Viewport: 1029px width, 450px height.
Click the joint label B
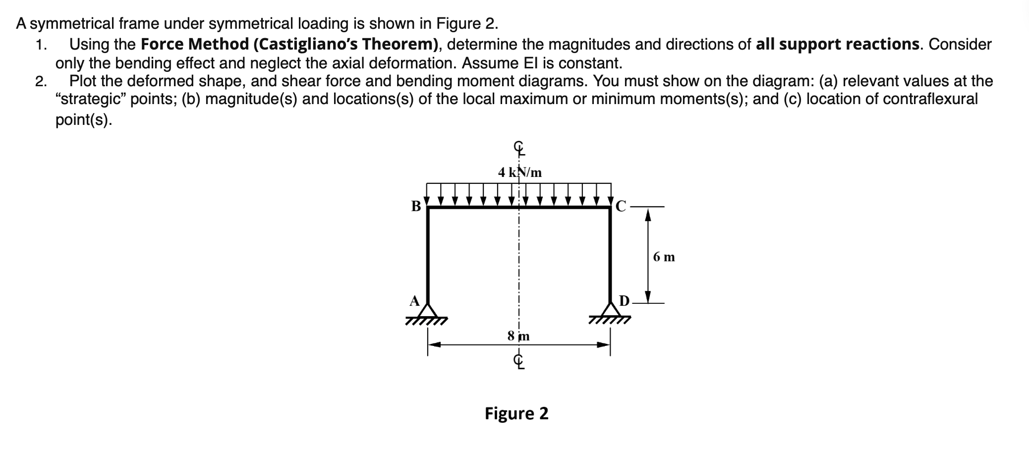click(416, 206)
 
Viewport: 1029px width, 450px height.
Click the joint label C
click(622, 206)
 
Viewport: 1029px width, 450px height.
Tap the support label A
click(414, 301)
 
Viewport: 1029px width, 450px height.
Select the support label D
click(624, 301)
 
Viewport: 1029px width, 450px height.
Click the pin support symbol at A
click(427, 312)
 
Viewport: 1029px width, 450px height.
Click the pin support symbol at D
click(610, 312)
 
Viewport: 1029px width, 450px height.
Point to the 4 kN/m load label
click(520, 172)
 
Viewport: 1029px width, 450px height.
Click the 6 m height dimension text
click(664, 257)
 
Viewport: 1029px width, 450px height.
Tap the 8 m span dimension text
click(518, 336)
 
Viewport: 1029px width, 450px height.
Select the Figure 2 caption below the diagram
click(516, 413)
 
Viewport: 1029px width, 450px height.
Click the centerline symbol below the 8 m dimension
click(518, 362)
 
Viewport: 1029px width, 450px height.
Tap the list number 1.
click(41, 45)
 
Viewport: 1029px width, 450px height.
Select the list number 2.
click(41, 81)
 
